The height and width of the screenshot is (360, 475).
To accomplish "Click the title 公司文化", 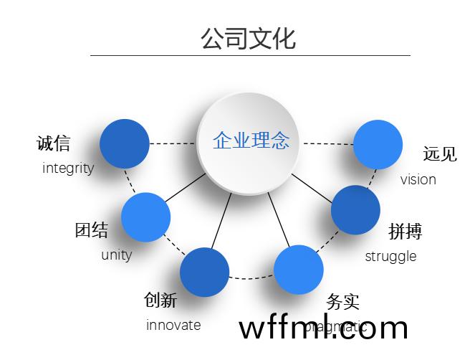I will point(248,37).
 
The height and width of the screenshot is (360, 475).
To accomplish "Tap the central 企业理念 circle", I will point(250,141).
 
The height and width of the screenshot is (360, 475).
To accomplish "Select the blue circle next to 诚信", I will point(125,143).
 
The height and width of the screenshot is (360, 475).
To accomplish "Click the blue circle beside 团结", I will point(145,217).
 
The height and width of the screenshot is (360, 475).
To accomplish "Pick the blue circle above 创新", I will point(204,273).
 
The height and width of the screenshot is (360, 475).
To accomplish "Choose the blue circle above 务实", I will point(299,270).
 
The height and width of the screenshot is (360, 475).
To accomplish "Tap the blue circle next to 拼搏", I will point(355,210).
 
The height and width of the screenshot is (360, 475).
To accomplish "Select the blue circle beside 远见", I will point(378,145).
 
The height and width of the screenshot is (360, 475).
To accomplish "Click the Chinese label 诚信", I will point(54,143).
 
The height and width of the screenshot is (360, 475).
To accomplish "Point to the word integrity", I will point(68,169).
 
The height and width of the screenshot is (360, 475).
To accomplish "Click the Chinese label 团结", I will point(92,230).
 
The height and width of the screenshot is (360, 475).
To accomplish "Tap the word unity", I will point(116,255).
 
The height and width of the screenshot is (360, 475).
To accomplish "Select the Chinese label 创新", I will point(160,300).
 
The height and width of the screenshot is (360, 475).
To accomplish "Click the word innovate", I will point(173,325).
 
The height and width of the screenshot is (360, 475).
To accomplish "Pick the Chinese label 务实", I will point(342,301).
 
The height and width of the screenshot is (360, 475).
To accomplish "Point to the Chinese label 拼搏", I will point(405,231).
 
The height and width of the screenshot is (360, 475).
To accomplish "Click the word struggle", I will point(390,256).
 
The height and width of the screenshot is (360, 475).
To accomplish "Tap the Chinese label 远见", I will point(439,153).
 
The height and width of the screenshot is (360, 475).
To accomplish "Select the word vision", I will point(418,179).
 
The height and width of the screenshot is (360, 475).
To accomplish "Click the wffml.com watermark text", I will point(323,328).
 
